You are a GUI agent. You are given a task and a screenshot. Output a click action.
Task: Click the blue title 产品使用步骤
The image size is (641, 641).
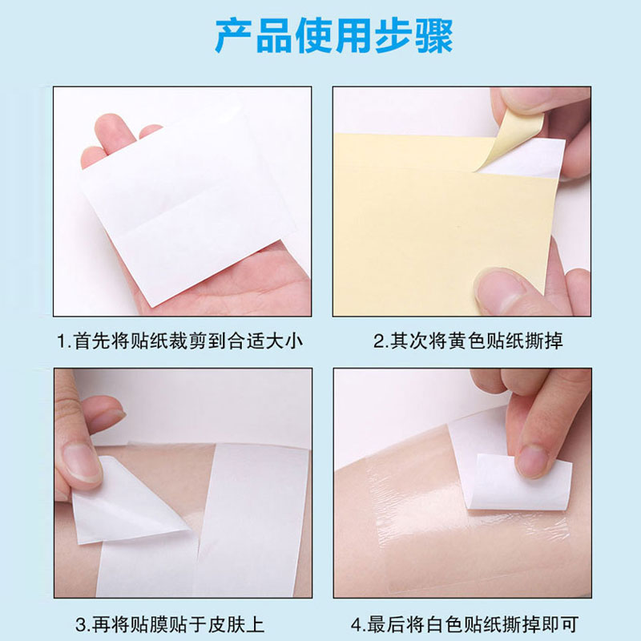[x=334, y=36]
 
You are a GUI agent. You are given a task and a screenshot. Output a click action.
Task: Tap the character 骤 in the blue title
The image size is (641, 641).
[x=434, y=36]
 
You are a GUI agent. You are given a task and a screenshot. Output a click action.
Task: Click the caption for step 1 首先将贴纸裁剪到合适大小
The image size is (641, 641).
[x=179, y=341]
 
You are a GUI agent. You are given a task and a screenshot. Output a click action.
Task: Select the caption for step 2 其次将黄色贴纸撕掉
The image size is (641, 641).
[x=468, y=341]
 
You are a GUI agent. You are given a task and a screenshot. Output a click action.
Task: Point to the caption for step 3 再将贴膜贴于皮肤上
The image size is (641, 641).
[x=170, y=625]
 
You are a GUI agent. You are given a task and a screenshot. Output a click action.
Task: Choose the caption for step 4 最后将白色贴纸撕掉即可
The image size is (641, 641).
[x=465, y=625]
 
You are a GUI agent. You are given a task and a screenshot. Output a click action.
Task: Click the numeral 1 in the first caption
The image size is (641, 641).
[x=62, y=341]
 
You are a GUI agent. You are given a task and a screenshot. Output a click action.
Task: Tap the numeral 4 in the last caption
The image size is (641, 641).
[x=357, y=625]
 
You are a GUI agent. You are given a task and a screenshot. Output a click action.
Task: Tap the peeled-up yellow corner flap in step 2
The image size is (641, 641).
[x=511, y=141]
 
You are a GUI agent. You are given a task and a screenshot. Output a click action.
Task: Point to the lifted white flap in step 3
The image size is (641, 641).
[x=127, y=506]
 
